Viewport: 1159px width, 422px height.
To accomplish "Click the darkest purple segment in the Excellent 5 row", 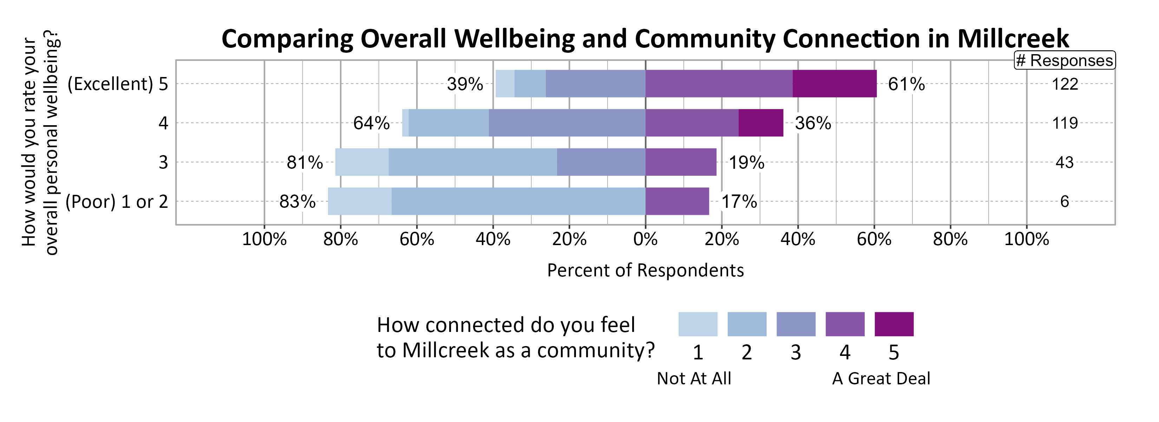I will [x=834, y=84].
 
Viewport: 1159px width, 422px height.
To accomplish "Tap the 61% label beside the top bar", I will [x=906, y=84].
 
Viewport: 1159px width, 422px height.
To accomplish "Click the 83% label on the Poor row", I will [x=297, y=201].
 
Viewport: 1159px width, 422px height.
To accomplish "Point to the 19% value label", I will [x=746, y=162].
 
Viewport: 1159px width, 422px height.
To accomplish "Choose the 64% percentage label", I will [x=371, y=123].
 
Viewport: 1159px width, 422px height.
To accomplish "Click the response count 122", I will [x=1065, y=84].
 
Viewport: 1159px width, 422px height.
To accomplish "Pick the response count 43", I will [x=1065, y=162].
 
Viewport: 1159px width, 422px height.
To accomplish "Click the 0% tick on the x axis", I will [x=645, y=239].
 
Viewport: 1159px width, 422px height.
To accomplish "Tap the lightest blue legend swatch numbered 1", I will [x=698, y=324].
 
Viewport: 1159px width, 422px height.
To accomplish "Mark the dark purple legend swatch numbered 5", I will [x=893, y=324].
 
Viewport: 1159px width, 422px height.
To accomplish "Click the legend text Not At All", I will [x=694, y=378].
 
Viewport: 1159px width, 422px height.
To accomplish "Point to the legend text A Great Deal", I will [x=881, y=378].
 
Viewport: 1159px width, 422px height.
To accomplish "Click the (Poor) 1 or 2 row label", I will [x=117, y=201].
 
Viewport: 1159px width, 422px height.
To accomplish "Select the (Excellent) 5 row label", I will [x=117, y=84].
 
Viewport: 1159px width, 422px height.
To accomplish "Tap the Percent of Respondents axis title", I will [x=645, y=270].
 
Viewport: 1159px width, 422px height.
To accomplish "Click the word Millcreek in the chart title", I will [x=1012, y=39].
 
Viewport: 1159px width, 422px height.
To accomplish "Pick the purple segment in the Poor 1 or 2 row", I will [x=677, y=201].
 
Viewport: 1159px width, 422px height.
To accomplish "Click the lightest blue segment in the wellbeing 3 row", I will [x=362, y=162].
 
